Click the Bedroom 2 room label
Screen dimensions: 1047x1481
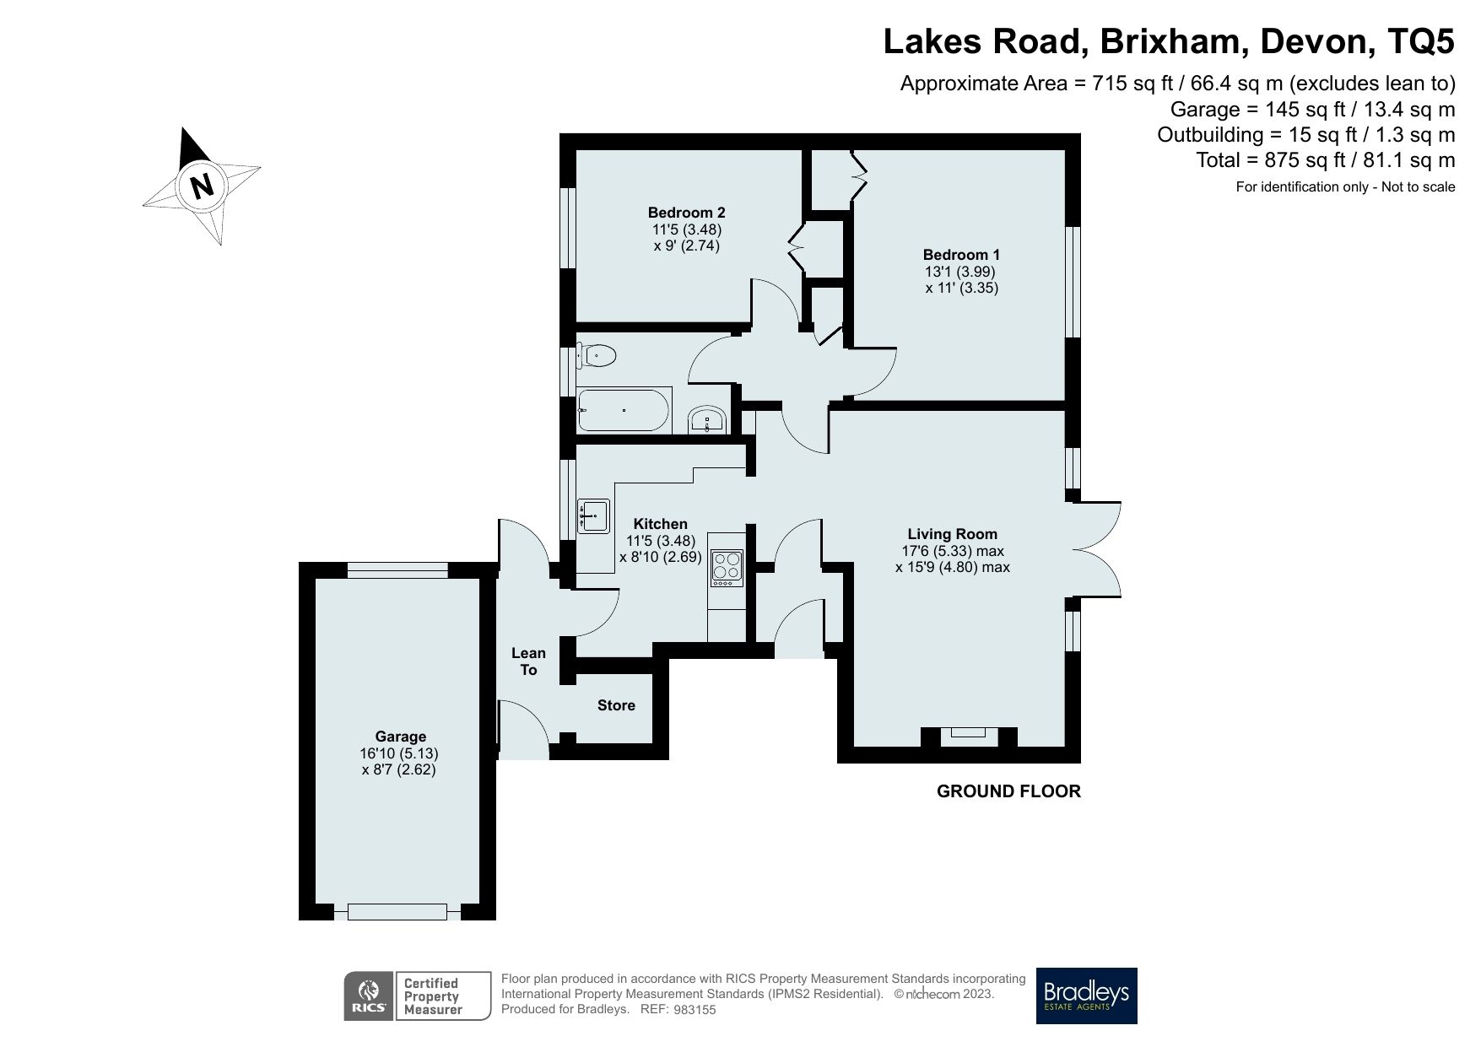(x=686, y=213)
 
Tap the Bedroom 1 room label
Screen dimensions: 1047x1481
(x=961, y=255)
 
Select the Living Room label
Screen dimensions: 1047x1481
(x=952, y=534)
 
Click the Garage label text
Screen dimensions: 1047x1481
(x=400, y=737)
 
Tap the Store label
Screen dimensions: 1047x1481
(x=616, y=705)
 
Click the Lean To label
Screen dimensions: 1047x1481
(x=528, y=661)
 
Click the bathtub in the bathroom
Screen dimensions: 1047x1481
(x=624, y=411)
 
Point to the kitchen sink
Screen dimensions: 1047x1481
(x=594, y=515)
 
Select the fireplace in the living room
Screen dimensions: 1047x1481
(x=970, y=735)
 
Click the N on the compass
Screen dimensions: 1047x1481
(x=201, y=185)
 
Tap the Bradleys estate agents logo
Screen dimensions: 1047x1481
(x=1086, y=996)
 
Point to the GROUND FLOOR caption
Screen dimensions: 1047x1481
(x=1008, y=791)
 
